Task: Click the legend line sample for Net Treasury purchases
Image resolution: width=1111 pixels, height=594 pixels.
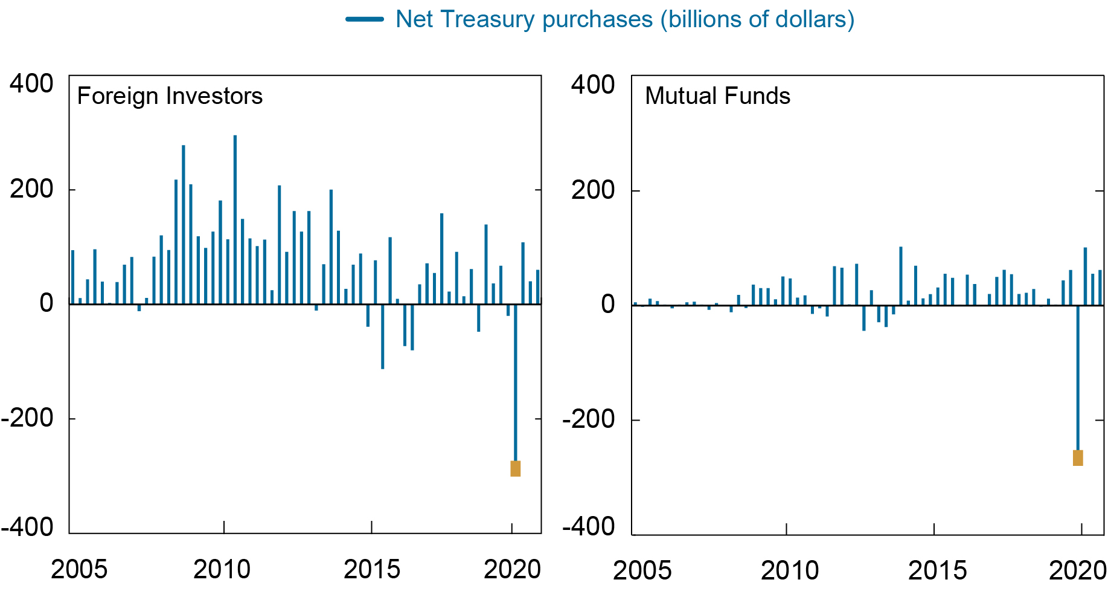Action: click(365, 19)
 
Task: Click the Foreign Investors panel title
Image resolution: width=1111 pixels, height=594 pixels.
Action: click(170, 96)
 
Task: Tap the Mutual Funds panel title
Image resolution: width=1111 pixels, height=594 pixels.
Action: click(717, 96)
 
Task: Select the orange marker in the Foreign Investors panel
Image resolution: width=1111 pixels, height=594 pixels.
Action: click(515, 468)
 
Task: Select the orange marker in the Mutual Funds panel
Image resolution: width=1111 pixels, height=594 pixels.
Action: click(1078, 458)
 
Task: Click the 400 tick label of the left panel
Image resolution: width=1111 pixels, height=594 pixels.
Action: click(31, 84)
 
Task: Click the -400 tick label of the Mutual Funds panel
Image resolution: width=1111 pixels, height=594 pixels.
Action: click(589, 527)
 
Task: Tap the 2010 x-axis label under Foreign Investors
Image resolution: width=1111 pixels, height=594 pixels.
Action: click(222, 569)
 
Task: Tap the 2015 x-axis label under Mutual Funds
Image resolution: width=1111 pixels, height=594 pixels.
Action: click(937, 570)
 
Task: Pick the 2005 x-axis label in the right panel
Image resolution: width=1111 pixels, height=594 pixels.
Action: click(642, 570)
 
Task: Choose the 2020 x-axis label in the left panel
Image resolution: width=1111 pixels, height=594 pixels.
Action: click(512, 569)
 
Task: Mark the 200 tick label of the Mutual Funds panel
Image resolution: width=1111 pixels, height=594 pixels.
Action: click(593, 190)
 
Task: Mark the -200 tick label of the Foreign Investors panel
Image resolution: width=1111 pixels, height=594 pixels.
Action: click(27, 418)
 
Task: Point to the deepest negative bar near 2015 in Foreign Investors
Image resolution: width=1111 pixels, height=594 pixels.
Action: click(383, 337)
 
